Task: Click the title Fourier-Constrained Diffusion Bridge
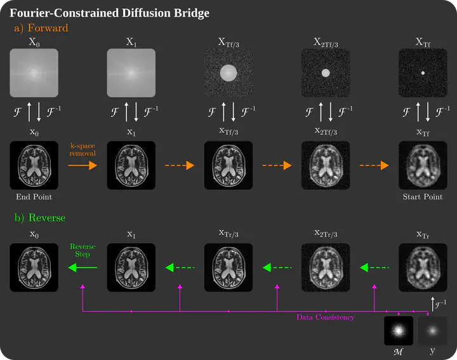pyautogui.click(x=109, y=13)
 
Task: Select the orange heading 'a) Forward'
pyautogui.click(x=41, y=28)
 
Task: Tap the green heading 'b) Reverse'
pyautogui.click(x=40, y=218)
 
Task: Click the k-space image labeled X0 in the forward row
pyautogui.click(x=34, y=74)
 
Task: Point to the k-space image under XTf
pyautogui.click(x=423, y=74)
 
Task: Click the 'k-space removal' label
pyautogui.click(x=82, y=150)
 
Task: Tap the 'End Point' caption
pyautogui.click(x=34, y=197)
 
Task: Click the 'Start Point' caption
pyautogui.click(x=423, y=197)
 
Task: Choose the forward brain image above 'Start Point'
pyautogui.click(x=423, y=165)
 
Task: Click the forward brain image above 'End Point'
pyautogui.click(x=34, y=165)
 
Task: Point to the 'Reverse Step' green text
pyautogui.click(x=82, y=250)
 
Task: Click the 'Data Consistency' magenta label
pyautogui.click(x=326, y=317)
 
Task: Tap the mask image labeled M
pyautogui.click(x=399, y=331)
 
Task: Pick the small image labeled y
pyautogui.click(x=432, y=331)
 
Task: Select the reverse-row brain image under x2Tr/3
pyautogui.click(x=326, y=268)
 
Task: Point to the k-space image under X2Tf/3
pyautogui.click(x=326, y=74)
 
